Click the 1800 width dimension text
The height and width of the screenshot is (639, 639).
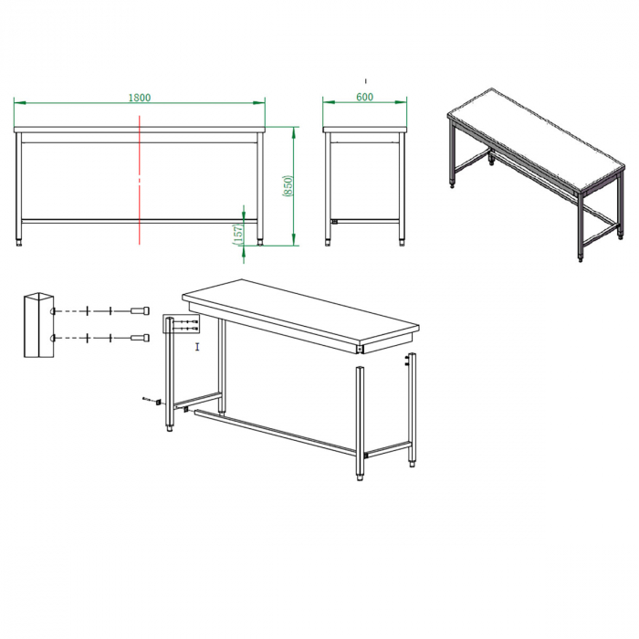[x=139, y=97]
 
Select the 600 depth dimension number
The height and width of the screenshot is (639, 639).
[x=364, y=97]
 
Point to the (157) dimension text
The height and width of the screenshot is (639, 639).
[x=239, y=234]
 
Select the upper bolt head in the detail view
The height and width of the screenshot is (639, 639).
[x=140, y=311]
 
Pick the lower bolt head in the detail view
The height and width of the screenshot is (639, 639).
[x=140, y=339]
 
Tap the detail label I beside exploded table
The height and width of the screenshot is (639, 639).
[x=196, y=347]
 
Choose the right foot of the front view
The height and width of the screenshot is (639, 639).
[x=260, y=243]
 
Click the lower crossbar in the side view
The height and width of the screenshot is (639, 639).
[x=365, y=220]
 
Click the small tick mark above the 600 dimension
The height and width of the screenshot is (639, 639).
[x=365, y=80]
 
